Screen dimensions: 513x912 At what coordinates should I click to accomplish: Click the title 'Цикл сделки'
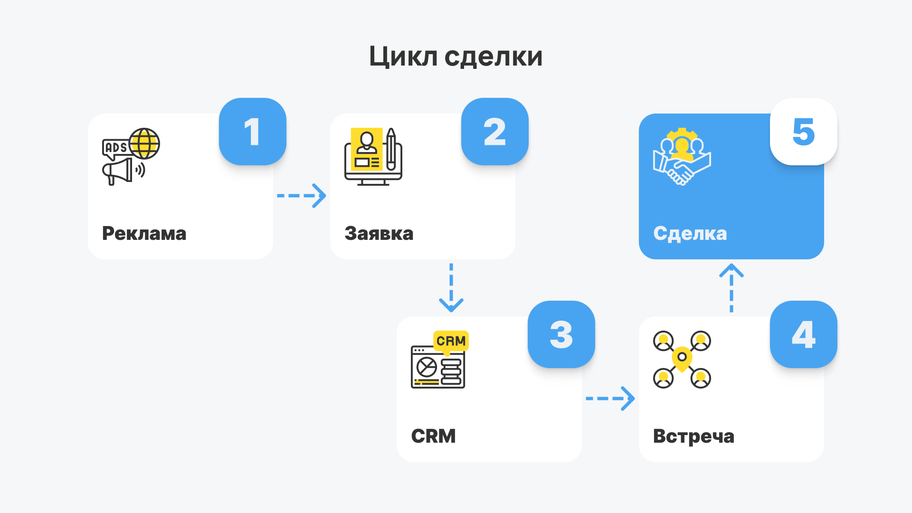456,57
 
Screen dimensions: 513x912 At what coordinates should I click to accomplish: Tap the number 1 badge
252,132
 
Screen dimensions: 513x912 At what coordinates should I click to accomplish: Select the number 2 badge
494,132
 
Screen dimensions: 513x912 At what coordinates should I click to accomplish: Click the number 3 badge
561,334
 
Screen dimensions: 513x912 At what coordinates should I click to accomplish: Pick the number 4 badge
803,334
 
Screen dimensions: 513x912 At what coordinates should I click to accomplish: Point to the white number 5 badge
803,132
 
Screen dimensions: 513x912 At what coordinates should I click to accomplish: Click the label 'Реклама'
144,234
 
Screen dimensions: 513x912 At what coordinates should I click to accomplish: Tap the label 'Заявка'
379,234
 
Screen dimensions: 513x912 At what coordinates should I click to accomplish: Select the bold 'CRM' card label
433,436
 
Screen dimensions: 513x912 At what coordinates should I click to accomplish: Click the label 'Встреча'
693,436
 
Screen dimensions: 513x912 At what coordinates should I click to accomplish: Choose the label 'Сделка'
690,234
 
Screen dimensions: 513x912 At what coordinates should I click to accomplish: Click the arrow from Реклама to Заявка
302,196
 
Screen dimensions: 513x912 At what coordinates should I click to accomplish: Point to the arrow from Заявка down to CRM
451,288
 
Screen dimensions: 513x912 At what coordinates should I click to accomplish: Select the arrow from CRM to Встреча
610,399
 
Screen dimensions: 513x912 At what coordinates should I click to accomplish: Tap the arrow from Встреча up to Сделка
731,288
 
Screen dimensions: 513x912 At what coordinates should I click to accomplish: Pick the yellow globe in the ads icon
144,143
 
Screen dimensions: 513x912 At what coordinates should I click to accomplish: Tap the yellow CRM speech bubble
451,341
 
